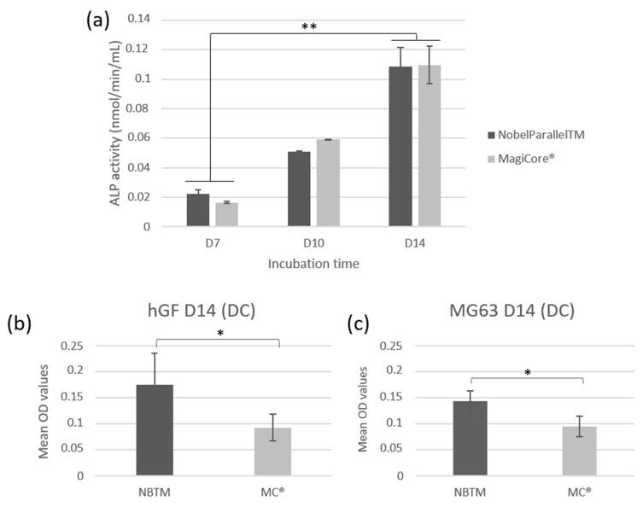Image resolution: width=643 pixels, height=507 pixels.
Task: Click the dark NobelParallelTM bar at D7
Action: pyautogui.click(x=198, y=210)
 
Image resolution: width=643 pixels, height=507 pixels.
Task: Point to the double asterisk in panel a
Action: pyautogui.click(x=309, y=26)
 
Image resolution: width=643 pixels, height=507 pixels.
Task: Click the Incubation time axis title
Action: pyautogui.click(x=313, y=264)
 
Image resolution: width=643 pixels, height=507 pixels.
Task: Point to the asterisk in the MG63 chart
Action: pyautogui.click(x=526, y=372)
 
